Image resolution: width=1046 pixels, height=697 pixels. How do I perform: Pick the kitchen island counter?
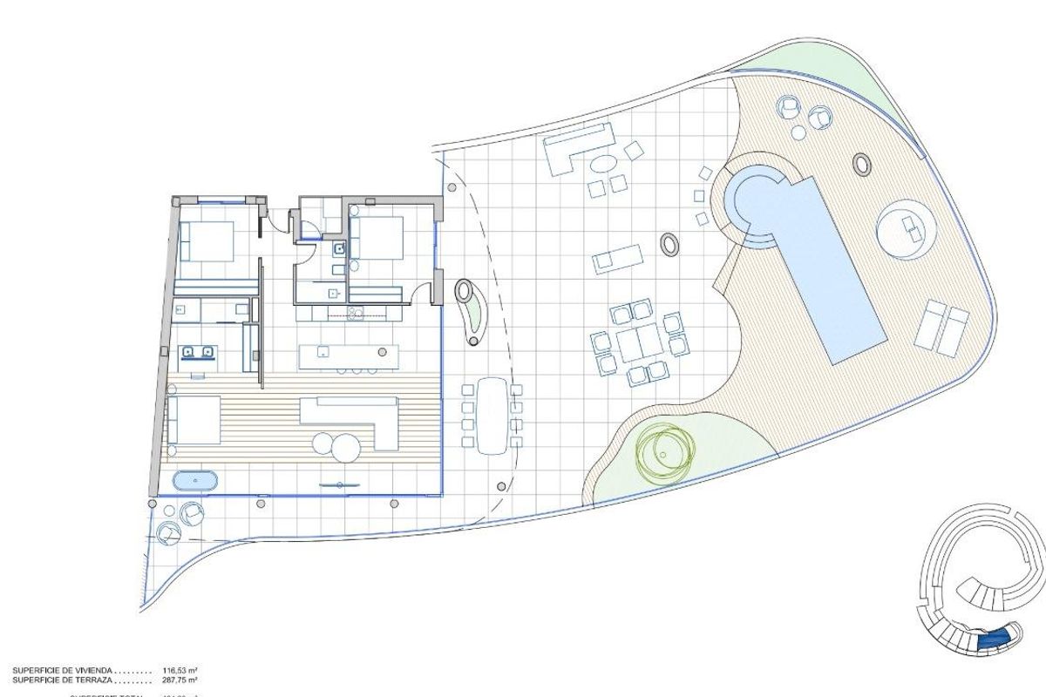click(348, 356)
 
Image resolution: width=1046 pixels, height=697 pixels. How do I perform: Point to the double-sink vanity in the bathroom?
click(197, 352)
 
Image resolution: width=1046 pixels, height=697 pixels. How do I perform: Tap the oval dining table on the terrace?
click(492, 414)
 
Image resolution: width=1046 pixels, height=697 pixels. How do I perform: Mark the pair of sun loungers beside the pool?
click(941, 328)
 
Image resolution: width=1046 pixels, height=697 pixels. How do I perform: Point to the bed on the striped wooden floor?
click(195, 420)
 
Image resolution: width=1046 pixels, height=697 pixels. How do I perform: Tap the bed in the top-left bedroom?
click(207, 240)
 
